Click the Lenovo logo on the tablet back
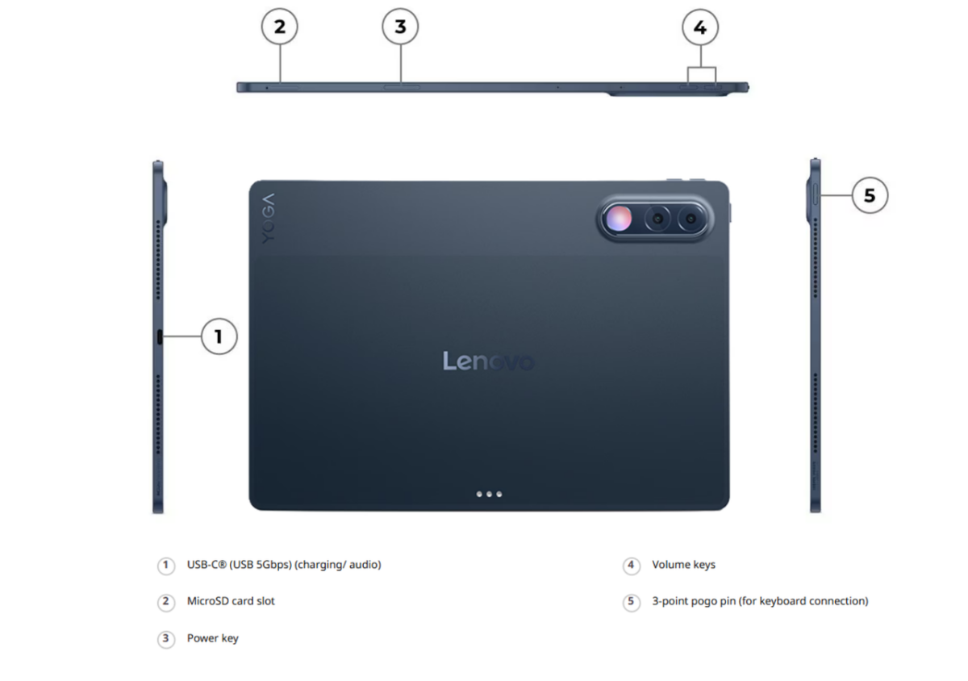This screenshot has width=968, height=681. click(488, 361)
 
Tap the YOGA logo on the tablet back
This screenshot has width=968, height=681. click(268, 219)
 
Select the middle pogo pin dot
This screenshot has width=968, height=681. click(489, 495)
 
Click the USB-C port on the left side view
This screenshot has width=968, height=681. click(160, 336)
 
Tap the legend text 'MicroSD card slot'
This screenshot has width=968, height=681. click(231, 601)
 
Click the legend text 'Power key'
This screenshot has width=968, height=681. click(213, 638)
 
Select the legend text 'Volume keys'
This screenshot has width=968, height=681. click(684, 565)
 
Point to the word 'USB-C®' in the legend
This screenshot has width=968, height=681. click(207, 565)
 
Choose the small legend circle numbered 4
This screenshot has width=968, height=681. click(632, 566)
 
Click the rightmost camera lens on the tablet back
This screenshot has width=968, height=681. click(691, 219)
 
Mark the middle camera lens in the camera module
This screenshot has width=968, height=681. click(657, 219)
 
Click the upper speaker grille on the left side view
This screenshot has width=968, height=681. click(158, 260)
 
